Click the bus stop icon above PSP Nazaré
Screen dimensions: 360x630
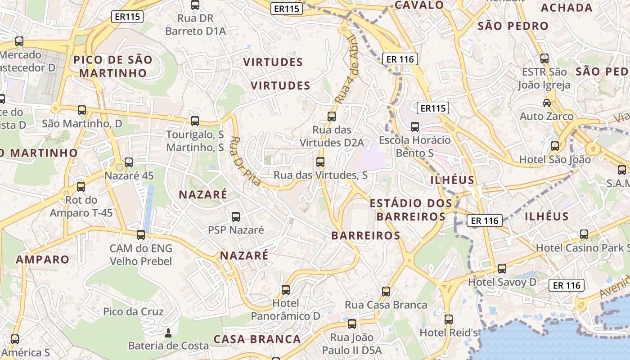(236, 217)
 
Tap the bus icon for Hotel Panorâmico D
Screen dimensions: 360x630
(286, 289)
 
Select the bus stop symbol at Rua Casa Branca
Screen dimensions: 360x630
(386, 291)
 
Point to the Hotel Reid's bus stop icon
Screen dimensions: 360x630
(448, 319)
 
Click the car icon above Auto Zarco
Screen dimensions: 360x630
(547, 103)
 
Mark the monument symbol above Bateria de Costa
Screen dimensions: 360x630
(168, 333)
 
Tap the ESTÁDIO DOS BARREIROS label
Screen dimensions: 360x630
(411, 210)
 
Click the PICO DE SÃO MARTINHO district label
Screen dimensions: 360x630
(113, 66)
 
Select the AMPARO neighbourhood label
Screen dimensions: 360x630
(43, 259)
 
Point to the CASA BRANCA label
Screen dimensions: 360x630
(257, 339)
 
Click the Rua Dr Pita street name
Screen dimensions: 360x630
(246, 161)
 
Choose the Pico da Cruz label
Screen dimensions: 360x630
(133, 311)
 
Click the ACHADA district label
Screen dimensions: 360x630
(567, 8)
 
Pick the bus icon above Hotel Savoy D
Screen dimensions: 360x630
(502, 269)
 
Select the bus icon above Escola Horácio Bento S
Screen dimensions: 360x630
(415, 127)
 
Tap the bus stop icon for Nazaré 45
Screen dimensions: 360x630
(129, 162)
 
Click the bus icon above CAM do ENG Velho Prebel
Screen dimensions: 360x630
(141, 234)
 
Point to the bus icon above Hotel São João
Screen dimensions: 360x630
(555, 146)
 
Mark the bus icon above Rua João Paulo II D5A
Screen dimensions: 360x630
(352, 324)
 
